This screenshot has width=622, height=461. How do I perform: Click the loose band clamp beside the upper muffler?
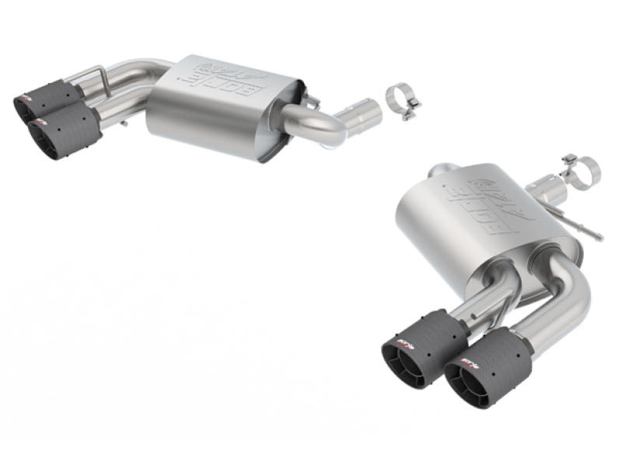pos(402,102)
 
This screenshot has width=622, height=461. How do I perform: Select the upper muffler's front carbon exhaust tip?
pos(65,130)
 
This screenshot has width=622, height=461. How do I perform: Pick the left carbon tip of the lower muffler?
pos(424,346)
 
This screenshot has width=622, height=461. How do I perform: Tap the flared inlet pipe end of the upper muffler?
pos(362,115)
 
